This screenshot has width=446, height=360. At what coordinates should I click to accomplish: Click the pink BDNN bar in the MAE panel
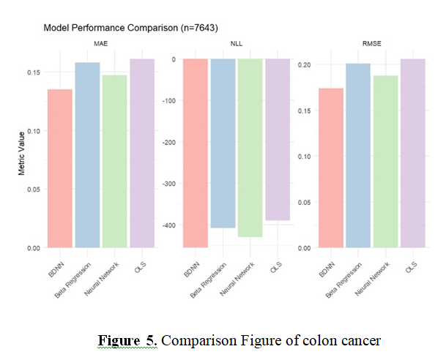[x=61, y=168]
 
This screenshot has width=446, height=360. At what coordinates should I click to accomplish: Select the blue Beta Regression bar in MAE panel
[x=87, y=155]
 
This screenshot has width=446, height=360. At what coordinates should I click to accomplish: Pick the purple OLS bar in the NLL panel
[x=278, y=139]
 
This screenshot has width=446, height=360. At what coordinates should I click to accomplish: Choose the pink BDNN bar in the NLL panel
[x=196, y=153]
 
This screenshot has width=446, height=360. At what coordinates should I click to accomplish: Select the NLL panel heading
[x=237, y=45]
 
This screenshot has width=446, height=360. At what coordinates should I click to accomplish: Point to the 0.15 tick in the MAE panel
[x=34, y=72]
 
